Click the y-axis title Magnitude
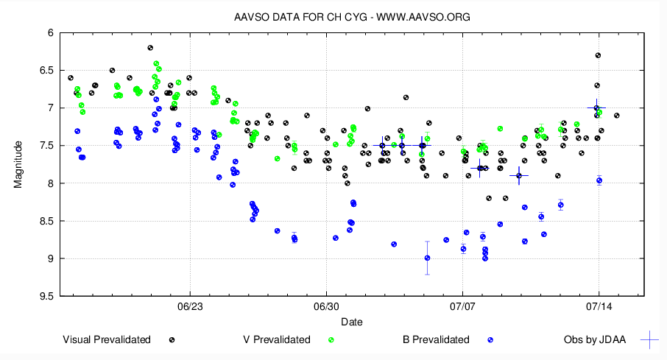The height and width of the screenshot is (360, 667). click(18, 164)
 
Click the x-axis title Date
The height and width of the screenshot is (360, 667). click(352, 322)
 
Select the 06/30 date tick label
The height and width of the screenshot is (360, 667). click(326, 306)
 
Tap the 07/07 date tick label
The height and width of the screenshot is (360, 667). click(462, 306)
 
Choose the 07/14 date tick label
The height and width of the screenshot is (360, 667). click(599, 306)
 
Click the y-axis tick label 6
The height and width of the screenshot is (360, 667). click(49, 33)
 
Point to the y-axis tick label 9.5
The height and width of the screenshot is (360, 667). click(46, 296)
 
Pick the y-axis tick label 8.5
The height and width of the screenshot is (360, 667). click(46, 221)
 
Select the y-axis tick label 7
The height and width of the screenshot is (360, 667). click(49, 108)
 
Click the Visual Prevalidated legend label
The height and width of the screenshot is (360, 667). click(107, 339)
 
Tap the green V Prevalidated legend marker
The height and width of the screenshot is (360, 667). click(331, 340)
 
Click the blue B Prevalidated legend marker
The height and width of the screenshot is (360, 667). click(490, 340)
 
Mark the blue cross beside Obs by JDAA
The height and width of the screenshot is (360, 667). click(649, 339)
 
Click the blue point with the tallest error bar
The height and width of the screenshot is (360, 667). click(427, 258)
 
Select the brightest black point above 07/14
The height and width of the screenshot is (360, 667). click(598, 55)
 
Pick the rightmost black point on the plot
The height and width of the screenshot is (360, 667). click(617, 116)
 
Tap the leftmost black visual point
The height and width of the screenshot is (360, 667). click(71, 78)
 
